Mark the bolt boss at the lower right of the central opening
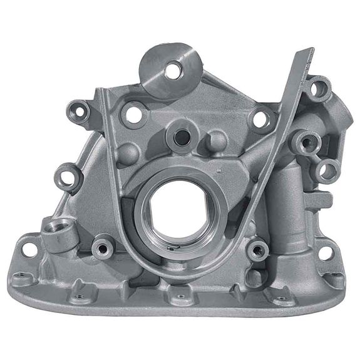pyautogui.click(x=257, y=250)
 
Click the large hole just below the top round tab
pyautogui.click(x=133, y=114)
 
